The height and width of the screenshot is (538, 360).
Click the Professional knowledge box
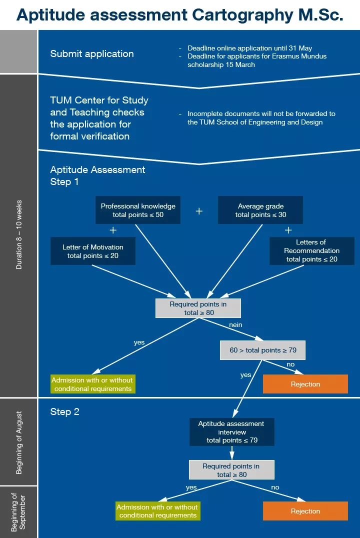tap(138, 210)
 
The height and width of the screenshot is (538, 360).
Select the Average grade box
tap(260, 210)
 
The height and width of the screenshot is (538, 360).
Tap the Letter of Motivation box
tap(93, 251)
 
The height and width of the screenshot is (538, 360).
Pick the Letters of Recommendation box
tap(311, 250)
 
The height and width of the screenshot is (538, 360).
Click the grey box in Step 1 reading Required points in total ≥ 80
tap(198, 308)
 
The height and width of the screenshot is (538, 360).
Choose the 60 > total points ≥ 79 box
tap(262, 350)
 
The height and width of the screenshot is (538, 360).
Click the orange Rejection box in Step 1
tap(305, 384)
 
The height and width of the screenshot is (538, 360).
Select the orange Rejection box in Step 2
tap(305, 511)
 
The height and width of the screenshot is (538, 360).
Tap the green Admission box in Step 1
tap(93, 384)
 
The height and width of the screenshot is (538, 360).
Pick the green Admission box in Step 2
tap(158, 511)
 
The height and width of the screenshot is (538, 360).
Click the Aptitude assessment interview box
tap(231, 432)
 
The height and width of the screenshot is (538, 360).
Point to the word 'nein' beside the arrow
tap(235, 324)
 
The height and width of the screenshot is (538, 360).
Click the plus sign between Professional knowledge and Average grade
tap(199, 211)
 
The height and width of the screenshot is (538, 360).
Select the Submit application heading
tap(92, 53)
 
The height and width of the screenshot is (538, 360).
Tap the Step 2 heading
tap(64, 412)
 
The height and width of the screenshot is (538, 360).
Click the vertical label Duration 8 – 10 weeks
tap(19, 235)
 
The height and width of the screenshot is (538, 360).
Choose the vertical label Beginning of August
tap(19, 442)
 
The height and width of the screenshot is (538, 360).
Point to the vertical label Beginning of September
tap(19, 511)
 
